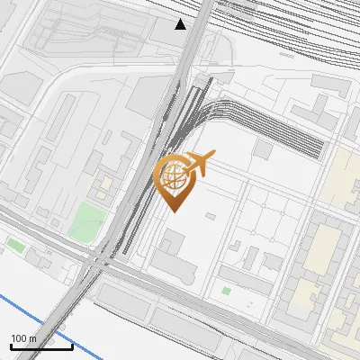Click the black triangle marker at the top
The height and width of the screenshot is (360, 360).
181,24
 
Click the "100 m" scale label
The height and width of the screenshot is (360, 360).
23,338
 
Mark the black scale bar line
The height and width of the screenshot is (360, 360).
41,346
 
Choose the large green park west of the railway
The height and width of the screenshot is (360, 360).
87,220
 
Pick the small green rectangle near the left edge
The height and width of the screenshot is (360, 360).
15,244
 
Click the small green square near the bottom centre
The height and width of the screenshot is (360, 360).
226,291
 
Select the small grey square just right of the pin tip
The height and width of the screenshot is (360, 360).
210,216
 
